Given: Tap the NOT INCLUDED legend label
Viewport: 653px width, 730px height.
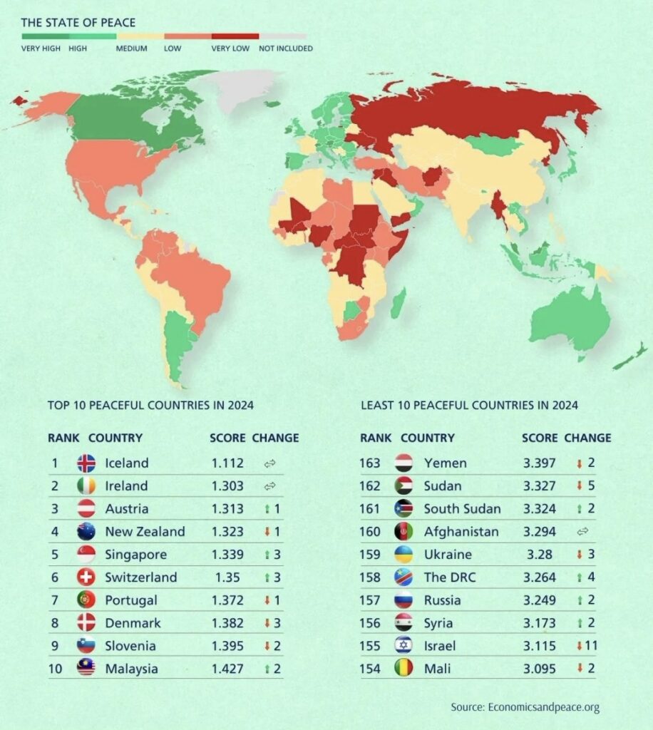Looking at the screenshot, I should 285,48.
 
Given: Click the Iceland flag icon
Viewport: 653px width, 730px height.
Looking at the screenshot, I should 86,463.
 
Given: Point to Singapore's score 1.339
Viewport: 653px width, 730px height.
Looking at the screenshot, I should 227,554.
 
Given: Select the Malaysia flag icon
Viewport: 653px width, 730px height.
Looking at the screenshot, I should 86,669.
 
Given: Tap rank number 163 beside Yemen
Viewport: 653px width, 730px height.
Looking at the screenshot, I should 370,463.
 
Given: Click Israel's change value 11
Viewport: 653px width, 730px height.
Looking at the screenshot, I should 587,646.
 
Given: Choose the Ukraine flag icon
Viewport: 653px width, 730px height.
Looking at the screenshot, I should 403,554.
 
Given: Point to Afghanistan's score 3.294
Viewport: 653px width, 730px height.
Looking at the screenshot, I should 539,531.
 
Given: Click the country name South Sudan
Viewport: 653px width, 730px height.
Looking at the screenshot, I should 462,508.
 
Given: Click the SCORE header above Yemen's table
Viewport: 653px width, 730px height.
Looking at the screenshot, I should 539,438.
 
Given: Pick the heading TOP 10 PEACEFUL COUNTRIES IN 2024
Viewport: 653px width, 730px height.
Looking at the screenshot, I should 150,406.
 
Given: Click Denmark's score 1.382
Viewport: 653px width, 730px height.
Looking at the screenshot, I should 227,622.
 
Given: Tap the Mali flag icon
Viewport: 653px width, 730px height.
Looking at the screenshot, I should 403,669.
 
